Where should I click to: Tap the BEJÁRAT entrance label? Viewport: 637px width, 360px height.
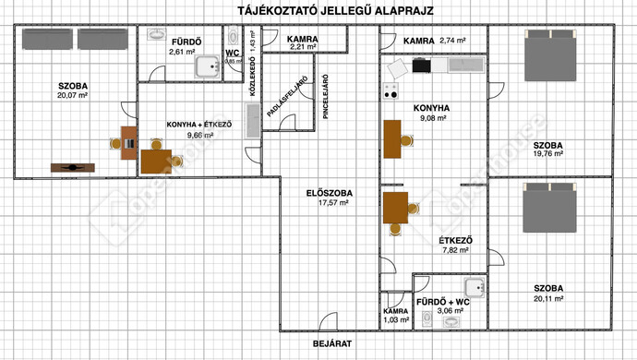[x=331, y=343]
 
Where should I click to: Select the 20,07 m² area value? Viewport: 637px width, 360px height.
[x=71, y=95]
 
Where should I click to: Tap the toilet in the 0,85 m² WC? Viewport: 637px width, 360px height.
[x=234, y=36]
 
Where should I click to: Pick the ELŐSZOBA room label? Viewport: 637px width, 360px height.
[x=326, y=194]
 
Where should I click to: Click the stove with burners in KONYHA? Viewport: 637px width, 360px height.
[x=390, y=90]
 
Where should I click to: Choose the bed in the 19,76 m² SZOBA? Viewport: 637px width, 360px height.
[x=550, y=56]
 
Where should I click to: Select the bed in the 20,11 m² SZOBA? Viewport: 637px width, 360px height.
[x=550, y=208]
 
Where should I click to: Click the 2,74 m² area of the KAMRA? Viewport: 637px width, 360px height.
[x=453, y=41]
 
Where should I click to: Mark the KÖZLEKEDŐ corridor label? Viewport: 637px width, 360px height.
[x=251, y=74]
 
